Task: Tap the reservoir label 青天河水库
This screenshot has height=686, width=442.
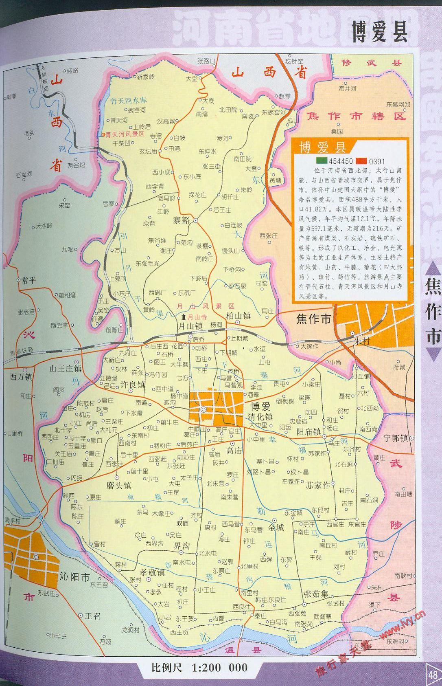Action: click(129, 101)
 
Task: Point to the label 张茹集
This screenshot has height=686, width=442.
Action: click(315, 594)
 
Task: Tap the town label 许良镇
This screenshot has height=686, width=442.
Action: click(133, 384)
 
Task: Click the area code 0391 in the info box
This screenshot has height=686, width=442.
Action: click(377, 161)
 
